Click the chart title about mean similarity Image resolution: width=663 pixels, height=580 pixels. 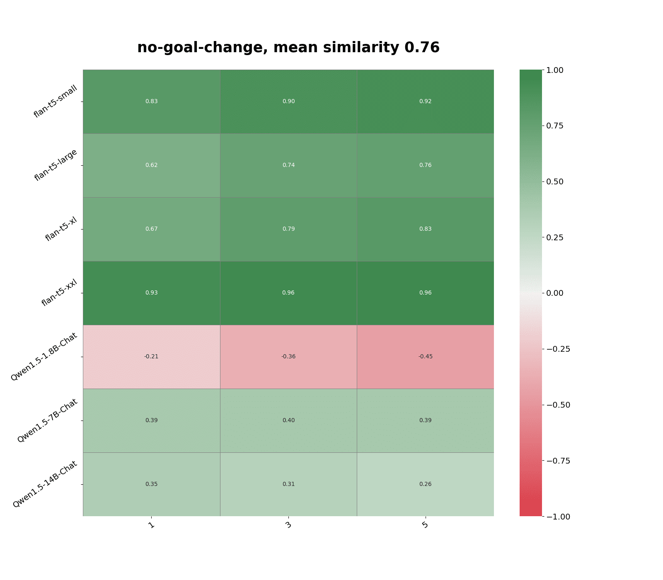click(288, 48)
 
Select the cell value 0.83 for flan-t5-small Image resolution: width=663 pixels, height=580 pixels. click(151, 101)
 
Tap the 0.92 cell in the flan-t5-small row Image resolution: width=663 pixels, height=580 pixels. click(425, 101)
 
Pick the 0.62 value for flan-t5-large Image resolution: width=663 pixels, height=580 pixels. click(151, 165)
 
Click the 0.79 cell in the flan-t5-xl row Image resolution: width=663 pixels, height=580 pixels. click(288, 229)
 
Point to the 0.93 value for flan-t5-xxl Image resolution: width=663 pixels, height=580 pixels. click(151, 293)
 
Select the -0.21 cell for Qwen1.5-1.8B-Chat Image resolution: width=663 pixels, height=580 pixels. click(151, 357)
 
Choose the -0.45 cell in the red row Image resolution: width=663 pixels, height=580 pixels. click(425, 357)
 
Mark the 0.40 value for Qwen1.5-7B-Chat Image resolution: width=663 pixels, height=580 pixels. click(288, 420)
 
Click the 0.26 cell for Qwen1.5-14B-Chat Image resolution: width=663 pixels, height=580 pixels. click(425, 484)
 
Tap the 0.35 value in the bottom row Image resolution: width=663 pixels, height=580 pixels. click(151, 484)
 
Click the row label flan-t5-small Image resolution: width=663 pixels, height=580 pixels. click(56, 101)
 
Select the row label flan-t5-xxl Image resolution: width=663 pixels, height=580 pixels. click(60, 293)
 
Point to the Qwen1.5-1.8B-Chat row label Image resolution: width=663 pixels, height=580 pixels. click(44, 357)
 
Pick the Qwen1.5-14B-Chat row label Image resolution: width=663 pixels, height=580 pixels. click(45, 484)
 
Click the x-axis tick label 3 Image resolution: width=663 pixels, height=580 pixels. click(288, 525)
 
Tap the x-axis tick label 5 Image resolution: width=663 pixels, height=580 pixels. click(425, 525)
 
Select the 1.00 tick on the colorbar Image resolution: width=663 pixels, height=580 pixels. click(555, 70)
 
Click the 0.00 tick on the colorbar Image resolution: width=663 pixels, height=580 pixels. click(555, 293)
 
